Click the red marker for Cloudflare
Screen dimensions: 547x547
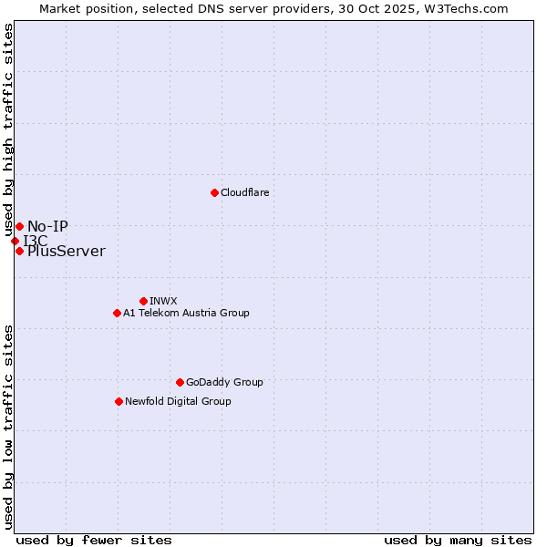[x=214, y=192]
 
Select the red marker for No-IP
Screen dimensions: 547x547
[x=19, y=226]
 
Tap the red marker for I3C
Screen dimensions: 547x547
[x=15, y=241]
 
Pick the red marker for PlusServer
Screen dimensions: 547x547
[x=19, y=251]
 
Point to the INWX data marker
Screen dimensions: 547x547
[x=143, y=301]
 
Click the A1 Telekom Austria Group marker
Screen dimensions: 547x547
[x=117, y=313]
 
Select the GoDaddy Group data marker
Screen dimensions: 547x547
[x=180, y=382]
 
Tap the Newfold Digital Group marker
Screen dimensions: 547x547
[x=119, y=401]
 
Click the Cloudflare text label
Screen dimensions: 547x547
[x=244, y=192]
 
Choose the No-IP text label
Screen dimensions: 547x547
[x=47, y=226]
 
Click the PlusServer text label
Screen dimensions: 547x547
[x=66, y=251]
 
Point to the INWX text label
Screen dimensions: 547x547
[x=163, y=301]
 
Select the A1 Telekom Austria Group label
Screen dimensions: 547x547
[x=186, y=313]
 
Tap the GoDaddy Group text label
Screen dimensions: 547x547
[x=224, y=382]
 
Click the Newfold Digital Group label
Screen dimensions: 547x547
[x=178, y=401]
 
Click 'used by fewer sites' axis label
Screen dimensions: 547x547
[x=94, y=540]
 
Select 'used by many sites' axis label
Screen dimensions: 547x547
[x=458, y=540]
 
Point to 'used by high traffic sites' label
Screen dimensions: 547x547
[x=8, y=130]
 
